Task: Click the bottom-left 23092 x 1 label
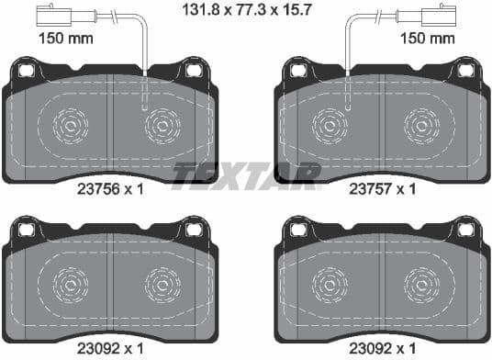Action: click(x=109, y=349)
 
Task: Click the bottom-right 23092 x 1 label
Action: click(x=384, y=349)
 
